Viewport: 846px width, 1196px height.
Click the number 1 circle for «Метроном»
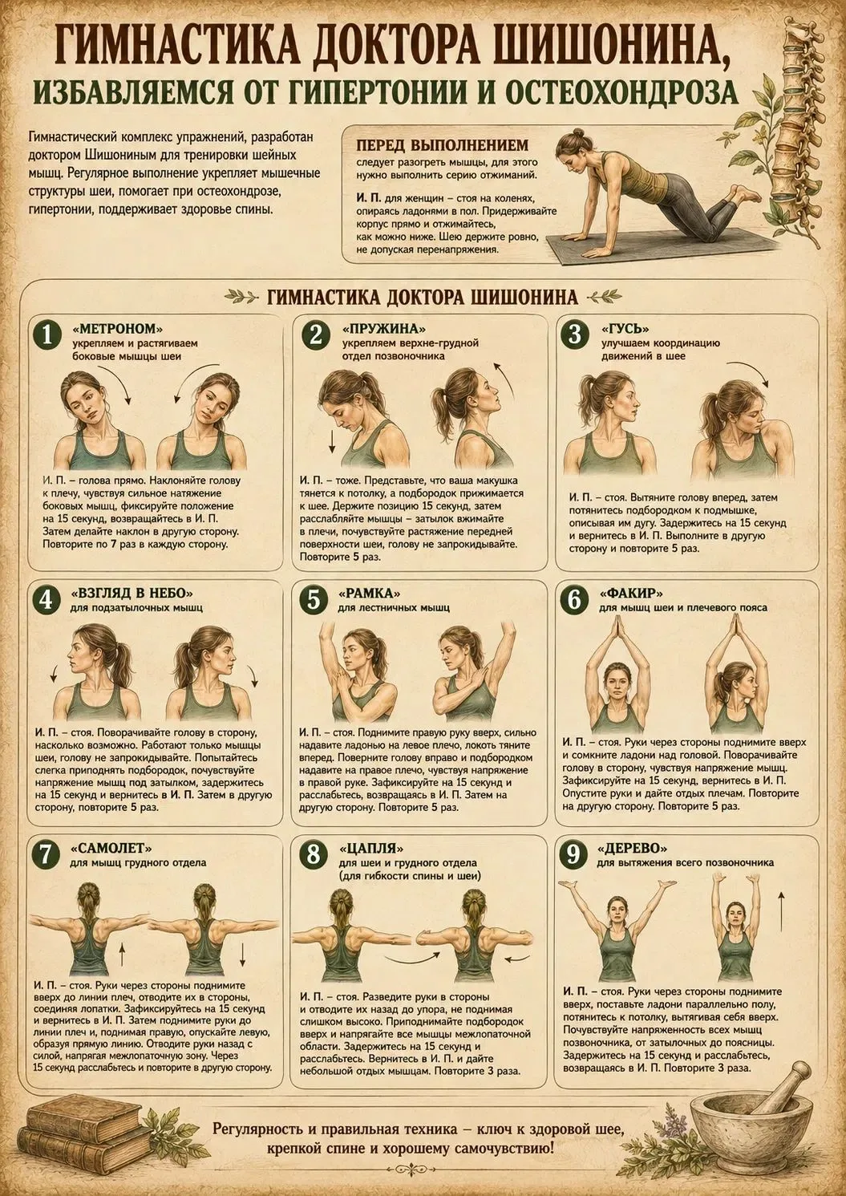pyautogui.click(x=47, y=334)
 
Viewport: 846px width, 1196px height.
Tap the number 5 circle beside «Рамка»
pyautogui.click(x=314, y=599)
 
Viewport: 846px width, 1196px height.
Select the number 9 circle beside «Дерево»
pyautogui.click(x=573, y=853)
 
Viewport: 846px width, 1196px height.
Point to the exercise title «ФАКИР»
pyautogui.click(x=631, y=594)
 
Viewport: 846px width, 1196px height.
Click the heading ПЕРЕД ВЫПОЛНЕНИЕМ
pyautogui.click(x=443, y=145)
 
